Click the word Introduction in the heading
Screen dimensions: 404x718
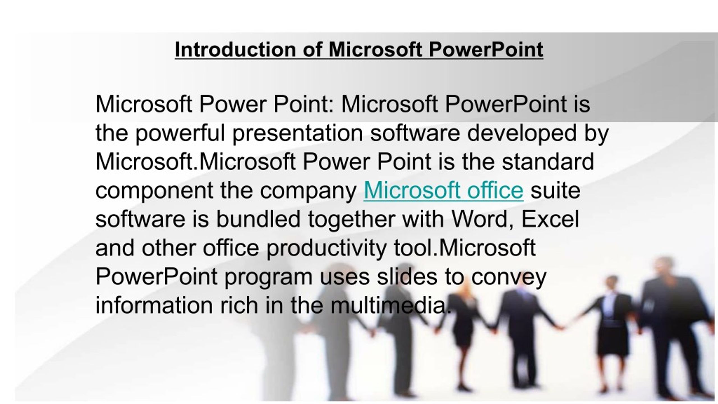[x=235, y=50]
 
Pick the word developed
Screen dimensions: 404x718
[x=522, y=133]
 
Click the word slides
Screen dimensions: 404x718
[x=407, y=277]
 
